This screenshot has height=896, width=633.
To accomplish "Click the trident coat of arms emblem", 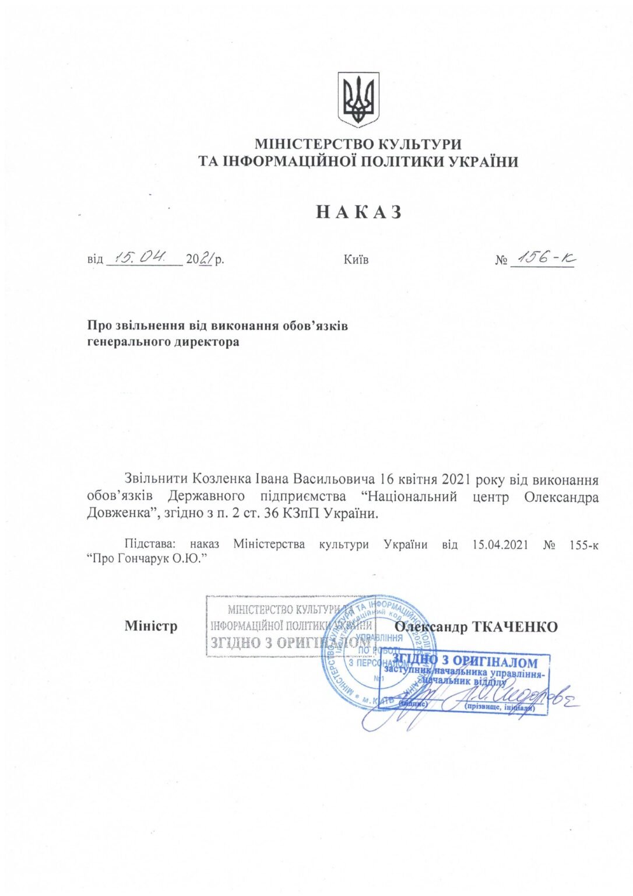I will [358, 100].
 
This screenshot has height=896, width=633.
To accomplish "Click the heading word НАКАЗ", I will [359, 212].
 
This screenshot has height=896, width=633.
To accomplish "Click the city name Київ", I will [356, 260].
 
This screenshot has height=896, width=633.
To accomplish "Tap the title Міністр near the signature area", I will [150, 626].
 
